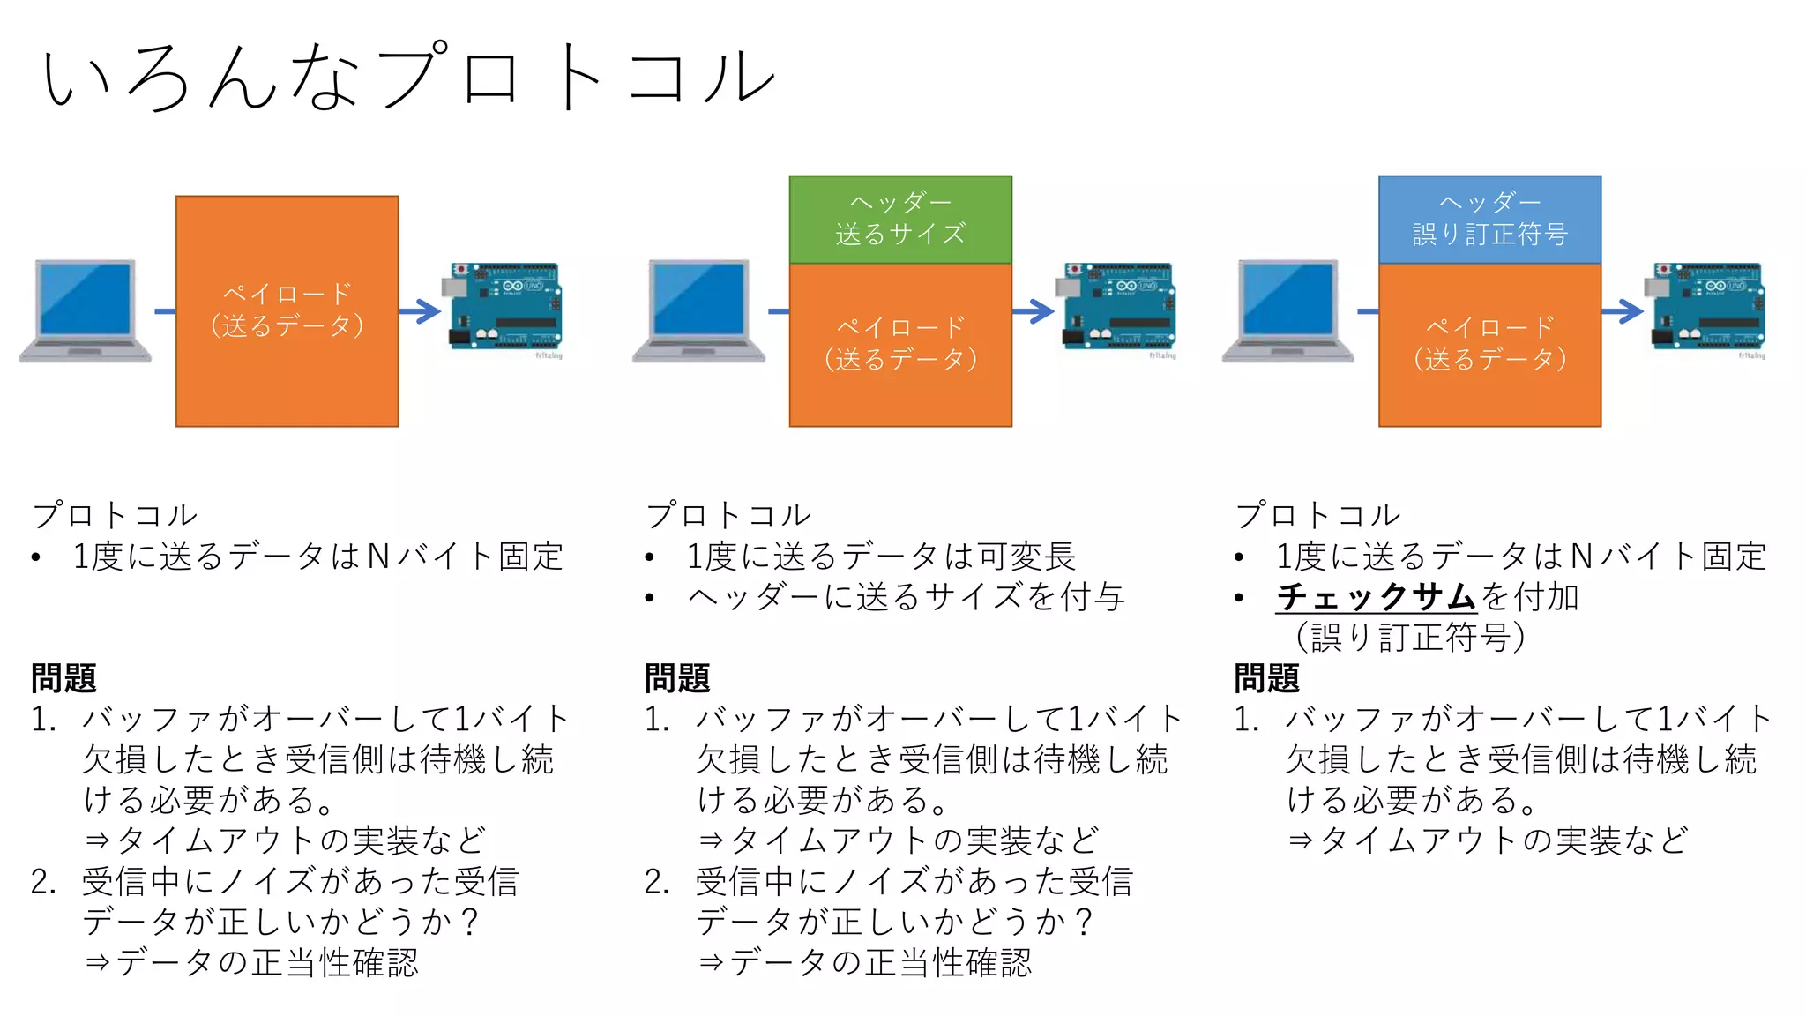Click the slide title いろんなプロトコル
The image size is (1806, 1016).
(407, 78)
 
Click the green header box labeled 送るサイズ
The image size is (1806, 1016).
(900, 220)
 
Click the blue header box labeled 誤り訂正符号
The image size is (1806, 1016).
(1489, 220)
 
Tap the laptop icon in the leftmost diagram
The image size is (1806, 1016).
(86, 311)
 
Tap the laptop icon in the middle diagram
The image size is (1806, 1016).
(698, 311)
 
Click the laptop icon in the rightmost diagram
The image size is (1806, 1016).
(1287, 311)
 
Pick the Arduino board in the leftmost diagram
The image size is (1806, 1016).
(505, 307)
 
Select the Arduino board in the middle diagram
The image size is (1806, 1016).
(1118, 307)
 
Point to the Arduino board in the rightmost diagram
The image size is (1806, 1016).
(1707, 307)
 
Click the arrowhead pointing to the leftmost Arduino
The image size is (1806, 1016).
(428, 311)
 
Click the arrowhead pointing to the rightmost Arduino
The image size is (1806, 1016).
(1631, 311)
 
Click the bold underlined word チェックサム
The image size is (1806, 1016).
(1376, 597)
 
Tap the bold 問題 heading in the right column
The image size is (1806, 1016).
(1266, 678)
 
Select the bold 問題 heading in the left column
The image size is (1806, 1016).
(63, 678)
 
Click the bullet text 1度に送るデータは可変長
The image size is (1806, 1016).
(881, 557)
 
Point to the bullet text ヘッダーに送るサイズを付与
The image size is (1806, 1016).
(906, 597)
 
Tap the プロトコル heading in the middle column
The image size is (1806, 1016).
(728, 515)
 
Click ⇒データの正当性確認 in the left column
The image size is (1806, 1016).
(251, 962)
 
